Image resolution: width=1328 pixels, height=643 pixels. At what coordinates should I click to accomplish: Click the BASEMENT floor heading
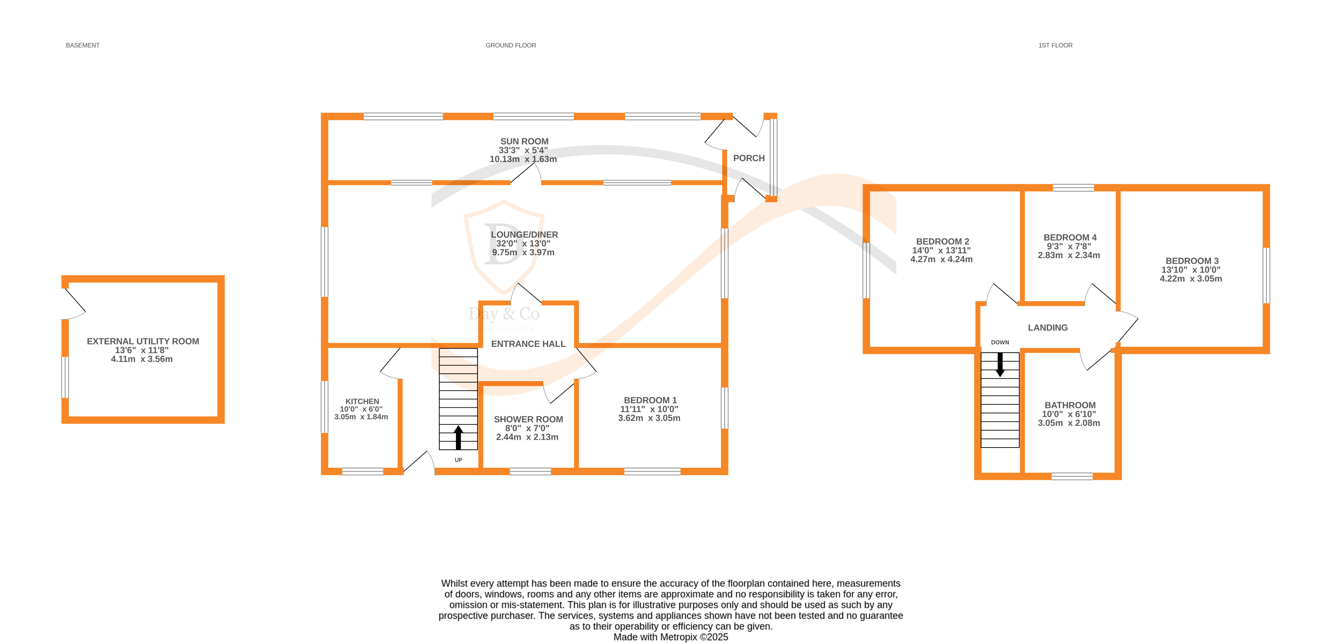83,45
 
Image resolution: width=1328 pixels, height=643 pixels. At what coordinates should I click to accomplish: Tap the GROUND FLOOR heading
510,45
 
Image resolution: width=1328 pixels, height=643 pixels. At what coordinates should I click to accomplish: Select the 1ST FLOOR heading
1055,45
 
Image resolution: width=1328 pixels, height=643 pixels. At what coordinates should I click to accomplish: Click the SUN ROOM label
524,141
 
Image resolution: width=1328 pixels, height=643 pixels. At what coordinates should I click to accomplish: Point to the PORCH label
748,158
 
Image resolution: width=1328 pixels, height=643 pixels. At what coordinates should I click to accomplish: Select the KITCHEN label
362,401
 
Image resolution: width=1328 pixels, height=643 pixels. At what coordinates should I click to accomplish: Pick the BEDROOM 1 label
650,400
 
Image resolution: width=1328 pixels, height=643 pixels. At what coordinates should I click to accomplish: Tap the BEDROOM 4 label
1070,238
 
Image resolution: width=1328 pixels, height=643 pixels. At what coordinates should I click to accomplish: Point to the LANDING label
1048,328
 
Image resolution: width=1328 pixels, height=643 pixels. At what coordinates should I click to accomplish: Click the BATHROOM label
1070,406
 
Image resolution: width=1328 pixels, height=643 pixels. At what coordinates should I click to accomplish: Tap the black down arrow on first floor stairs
1000,364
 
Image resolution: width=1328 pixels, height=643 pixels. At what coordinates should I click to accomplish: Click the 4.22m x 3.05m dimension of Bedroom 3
1191,279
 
